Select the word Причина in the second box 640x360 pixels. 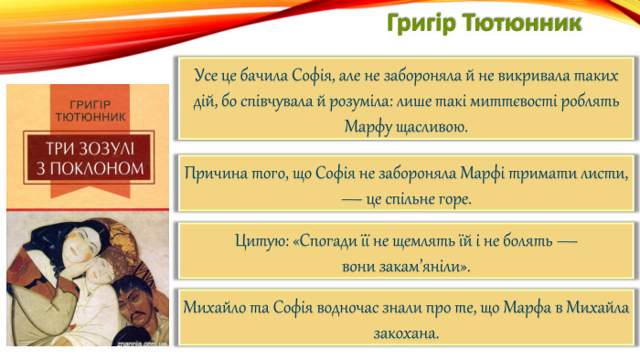(x=213, y=174)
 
